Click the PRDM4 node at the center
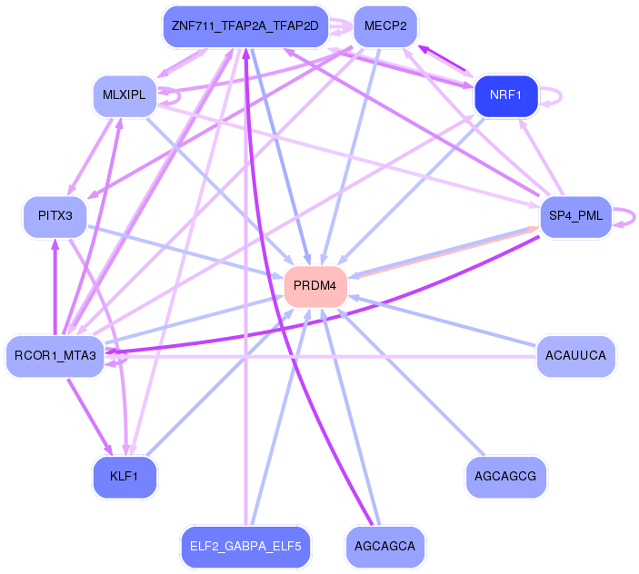[x=315, y=286]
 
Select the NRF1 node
[x=506, y=95]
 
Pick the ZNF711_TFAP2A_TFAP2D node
[x=245, y=26]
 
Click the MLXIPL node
[x=125, y=95]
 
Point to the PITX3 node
[x=55, y=216]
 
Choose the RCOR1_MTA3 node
[x=55, y=355]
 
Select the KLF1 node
[x=125, y=477]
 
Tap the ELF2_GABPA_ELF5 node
[x=245, y=547]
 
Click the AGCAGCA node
[x=385, y=547]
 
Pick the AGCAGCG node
[x=506, y=476]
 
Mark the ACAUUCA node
[x=576, y=355]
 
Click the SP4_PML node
[x=576, y=216]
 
